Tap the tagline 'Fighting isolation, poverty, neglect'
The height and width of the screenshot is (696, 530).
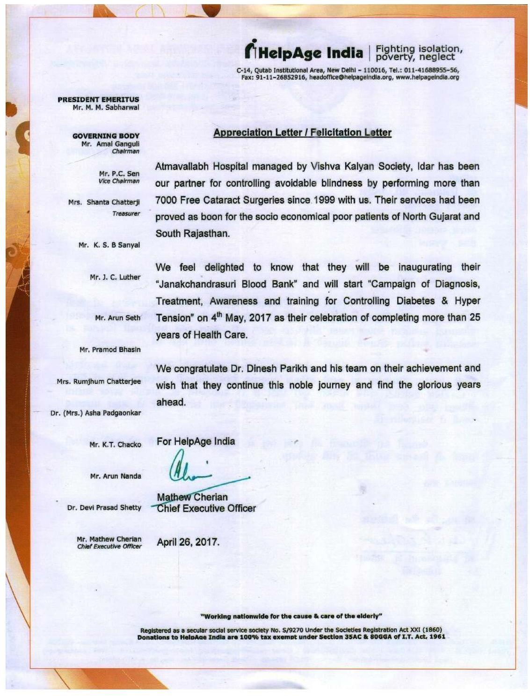pos(419,52)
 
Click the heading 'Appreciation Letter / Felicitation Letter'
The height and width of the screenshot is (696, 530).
pos(302,132)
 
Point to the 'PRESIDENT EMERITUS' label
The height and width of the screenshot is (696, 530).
pos(98,99)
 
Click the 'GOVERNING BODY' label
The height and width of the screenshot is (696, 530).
pos(106,136)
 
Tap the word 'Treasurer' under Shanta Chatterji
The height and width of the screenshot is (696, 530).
pos(126,213)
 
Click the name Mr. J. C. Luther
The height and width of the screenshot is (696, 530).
pos(115,277)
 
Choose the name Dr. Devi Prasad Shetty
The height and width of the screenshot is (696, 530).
pos(104,507)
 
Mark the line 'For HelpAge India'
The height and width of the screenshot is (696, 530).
pos(196,441)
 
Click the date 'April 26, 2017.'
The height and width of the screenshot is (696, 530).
pos(188,542)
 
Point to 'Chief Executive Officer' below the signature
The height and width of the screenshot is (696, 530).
pos(206,508)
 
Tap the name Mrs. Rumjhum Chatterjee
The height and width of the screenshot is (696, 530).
pos(99,381)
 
